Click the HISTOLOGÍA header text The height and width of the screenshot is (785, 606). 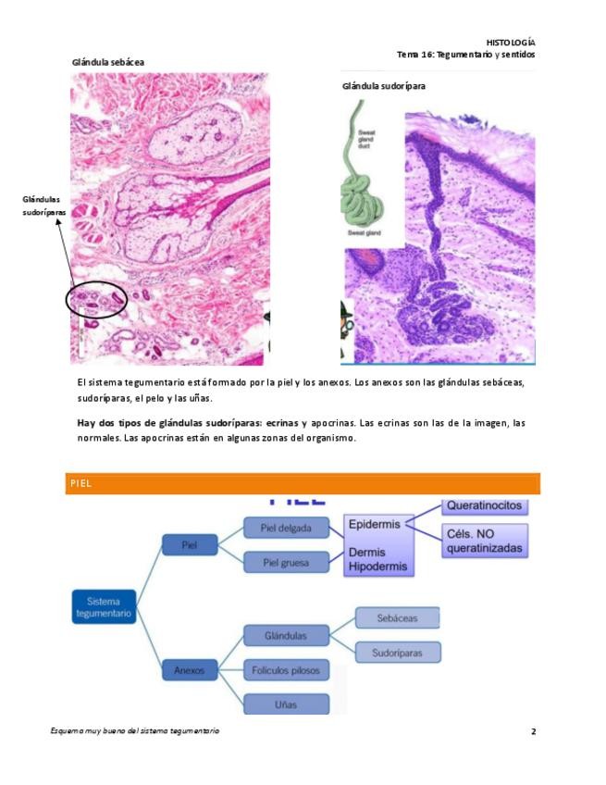[x=510, y=43]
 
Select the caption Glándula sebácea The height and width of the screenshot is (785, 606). [x=108, y=62]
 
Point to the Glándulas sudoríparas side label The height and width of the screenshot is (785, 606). [x=44, y=206]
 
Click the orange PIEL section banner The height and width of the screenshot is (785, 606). [x=303, y=483]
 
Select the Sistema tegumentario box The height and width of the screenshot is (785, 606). [x=104, y=606]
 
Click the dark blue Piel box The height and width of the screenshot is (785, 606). [x=190, y=544]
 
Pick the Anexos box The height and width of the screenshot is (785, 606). [x=190, y=668]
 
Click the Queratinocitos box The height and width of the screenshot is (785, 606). [x=485, y=506]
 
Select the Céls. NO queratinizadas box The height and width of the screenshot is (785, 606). [x=485, y=541]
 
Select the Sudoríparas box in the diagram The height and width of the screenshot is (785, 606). [x=398, y=652]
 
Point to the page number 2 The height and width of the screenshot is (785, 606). [x=533, y=731]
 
